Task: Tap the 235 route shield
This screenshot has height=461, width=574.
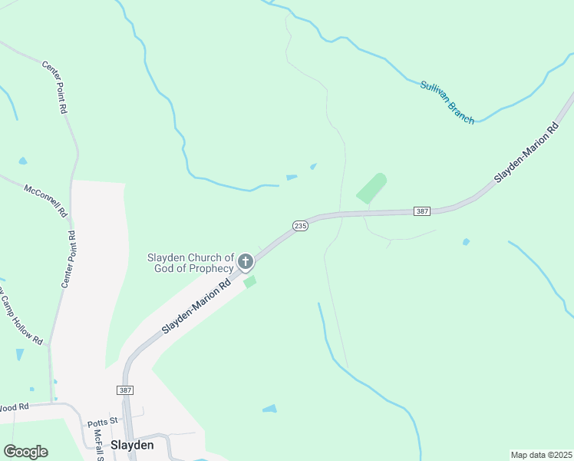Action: click(300, 225)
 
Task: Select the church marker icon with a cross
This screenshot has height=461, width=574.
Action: click(246, 262)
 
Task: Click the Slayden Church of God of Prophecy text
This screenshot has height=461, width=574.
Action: click(190, 263)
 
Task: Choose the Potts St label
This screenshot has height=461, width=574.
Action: click(102, 422)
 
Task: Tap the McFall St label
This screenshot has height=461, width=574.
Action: click(98, 444)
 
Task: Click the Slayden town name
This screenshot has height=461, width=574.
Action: click(132, 445)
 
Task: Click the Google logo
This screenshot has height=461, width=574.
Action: click(25, 451)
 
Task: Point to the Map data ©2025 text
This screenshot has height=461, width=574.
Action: click(540, 455)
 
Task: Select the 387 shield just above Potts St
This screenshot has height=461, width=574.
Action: click(126, 390)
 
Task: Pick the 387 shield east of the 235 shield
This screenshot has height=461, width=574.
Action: click(421, 211)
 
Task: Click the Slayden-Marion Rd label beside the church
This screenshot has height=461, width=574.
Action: click(196, 307)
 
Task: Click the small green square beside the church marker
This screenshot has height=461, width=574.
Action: click(249, 282)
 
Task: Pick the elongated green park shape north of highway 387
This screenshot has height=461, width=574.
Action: click(371, 188)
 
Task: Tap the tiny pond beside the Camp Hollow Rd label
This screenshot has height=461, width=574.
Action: click(19, 354)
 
